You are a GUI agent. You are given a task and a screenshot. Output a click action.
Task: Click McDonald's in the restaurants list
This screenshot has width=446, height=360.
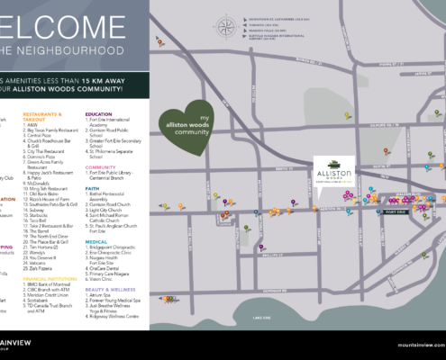point(37,183)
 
